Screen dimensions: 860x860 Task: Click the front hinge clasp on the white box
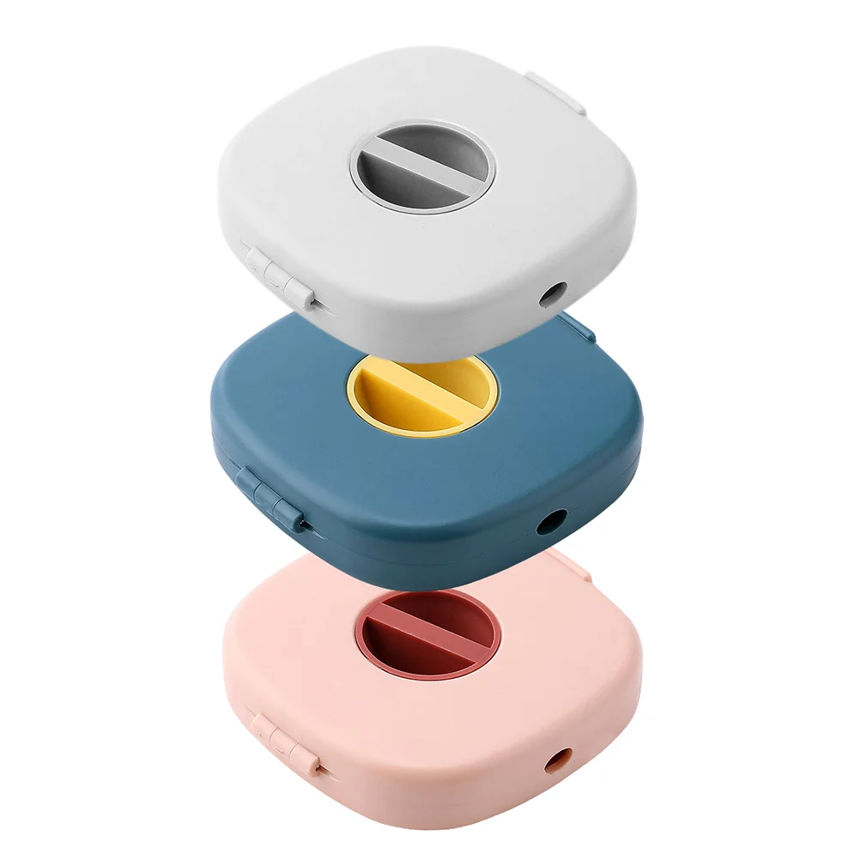coord(277,275)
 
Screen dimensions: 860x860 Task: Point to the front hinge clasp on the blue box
coord(271,498)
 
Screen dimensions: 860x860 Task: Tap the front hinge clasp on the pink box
coord(283,736)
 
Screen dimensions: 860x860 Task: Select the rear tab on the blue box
coord(573,324)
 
